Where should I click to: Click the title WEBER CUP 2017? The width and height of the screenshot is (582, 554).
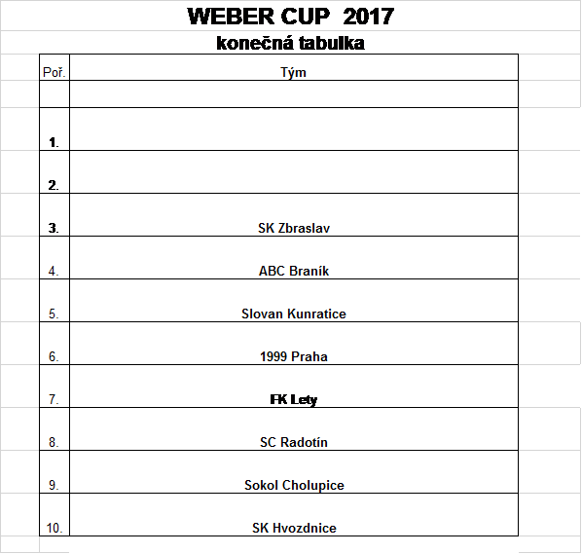291,17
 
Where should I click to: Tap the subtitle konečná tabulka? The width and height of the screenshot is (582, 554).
291,43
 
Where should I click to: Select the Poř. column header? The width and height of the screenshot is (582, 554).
55,72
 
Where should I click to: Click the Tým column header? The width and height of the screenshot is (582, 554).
293,72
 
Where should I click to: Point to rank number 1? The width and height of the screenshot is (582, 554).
54,142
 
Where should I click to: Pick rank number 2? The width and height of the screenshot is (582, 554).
54,185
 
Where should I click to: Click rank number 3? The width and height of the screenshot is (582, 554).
54,228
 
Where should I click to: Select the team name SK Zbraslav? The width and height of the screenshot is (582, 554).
294,228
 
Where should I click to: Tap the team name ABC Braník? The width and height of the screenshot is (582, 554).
294,271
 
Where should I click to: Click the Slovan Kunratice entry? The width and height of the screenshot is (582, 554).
294,314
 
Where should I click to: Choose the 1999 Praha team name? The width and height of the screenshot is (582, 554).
294,356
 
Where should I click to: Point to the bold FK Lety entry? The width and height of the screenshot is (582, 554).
294,400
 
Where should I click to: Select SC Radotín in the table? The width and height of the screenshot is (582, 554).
294,442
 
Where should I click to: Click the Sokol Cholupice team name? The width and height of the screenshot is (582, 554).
294,485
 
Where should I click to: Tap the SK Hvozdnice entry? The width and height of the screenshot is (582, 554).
294,528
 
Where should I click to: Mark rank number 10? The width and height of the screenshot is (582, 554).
55,528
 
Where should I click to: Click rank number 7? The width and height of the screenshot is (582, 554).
54,399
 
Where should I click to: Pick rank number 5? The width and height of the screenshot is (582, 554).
54,314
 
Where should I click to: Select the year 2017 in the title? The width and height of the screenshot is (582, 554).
369,17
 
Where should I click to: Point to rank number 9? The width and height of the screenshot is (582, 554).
54,485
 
